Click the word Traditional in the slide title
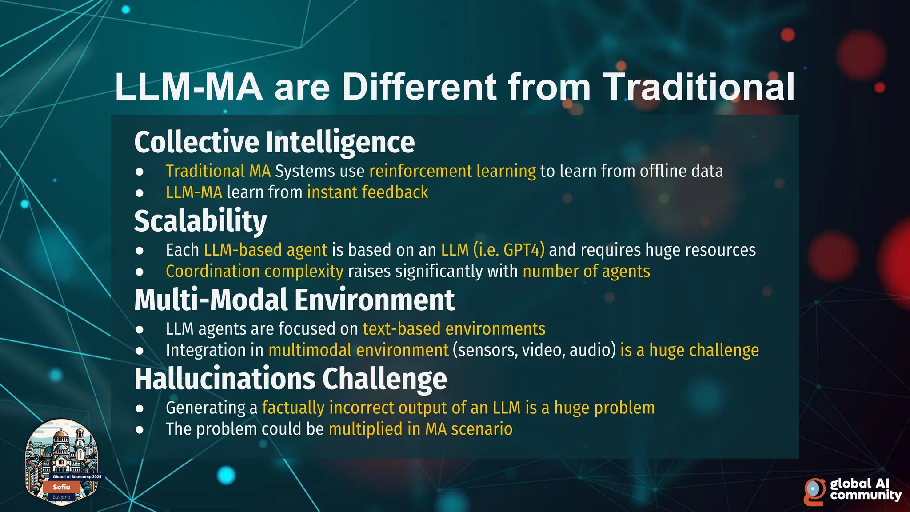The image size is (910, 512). (x=698, y=87)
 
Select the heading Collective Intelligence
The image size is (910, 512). (x=274, y=142)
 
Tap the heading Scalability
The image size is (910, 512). (x=200, y=221)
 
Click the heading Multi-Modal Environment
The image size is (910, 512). (x=294, y=300)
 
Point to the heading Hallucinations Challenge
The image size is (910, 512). (x=291, y=379)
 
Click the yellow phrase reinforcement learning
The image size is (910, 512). (x=452, y=171)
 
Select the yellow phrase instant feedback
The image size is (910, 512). (x=367, y=192)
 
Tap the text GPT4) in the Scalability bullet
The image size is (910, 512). (x=524, y=250)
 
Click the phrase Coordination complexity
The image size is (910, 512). (x=254, y=271)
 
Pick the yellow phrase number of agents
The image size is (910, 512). (x=586, y=271)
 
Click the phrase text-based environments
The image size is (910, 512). (x=454, y=329)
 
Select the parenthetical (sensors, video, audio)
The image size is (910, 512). (x=534, y=350)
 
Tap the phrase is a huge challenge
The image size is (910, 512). (x=689, y=350)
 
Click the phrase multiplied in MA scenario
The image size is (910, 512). (x=420, y=429)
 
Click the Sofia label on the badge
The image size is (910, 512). (x=61, y=487)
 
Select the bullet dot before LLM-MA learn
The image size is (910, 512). (x=140, y=193)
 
